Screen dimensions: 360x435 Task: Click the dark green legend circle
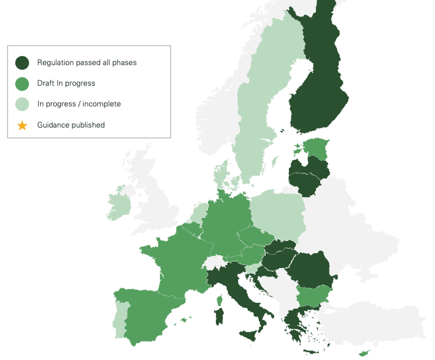pos(22,62)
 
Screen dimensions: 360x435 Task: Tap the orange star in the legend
pos(22,125)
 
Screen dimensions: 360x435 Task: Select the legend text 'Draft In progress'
pos(66,83)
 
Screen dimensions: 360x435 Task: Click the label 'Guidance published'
pos(71,125)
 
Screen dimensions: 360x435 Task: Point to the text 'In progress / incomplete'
pos(79,104)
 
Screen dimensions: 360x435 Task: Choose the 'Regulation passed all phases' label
pos(87,62)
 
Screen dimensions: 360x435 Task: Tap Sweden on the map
pos(256,116)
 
